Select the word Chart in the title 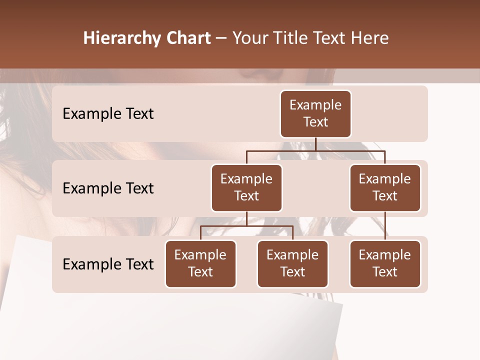click(188, 38)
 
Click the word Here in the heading click(367, 38)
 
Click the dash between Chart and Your click(221, 39)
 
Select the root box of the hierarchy click(315, 113)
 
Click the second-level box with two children click(246, 187)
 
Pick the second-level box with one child click(385, 187)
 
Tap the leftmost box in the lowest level click(200, 263)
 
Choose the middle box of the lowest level click(292, 263)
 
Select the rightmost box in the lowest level click(385, 263)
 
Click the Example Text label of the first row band click(108, 113)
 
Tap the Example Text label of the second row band click(108, 188)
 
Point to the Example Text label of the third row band click(108, 264)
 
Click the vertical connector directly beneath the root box click(315, 144)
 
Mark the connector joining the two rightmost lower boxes click(385, 226)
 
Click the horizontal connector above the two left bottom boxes click(246, 226)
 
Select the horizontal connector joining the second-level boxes click(315, 150)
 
